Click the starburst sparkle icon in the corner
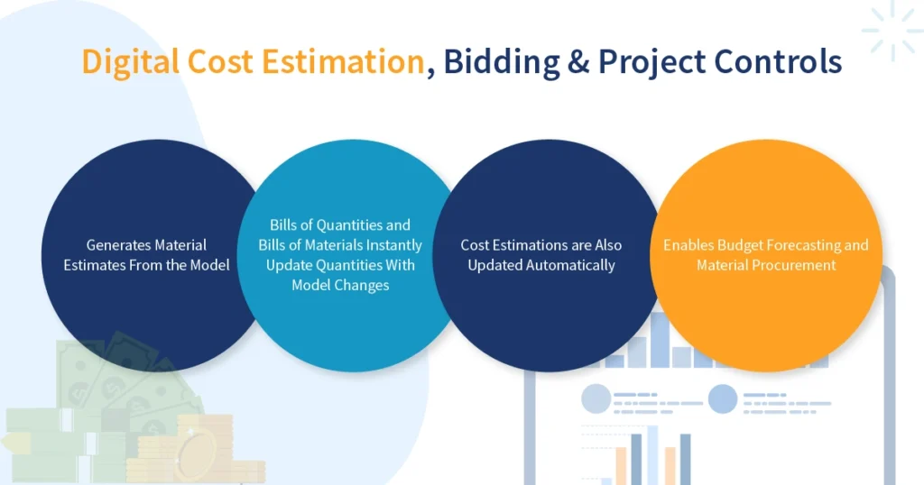[x=891, y=31]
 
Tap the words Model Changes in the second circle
[x=340, y=285]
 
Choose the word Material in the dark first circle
[x=180, y=244]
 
